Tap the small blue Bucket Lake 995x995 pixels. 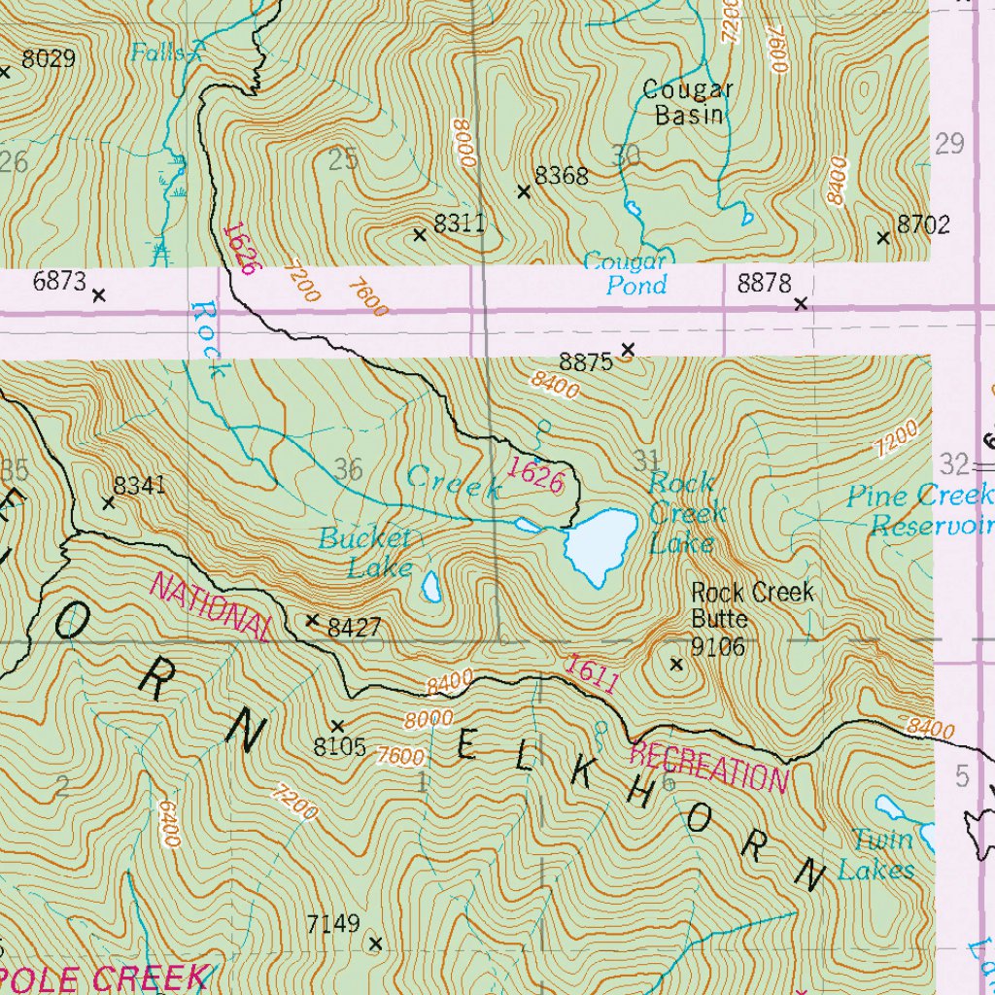431,586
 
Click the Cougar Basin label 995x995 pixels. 688,102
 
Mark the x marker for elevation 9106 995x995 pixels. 677,665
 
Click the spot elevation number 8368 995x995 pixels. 562,176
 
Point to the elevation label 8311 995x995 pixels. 459,223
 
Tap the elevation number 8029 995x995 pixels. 48,59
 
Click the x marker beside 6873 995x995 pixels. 98,294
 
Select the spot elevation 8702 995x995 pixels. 923,224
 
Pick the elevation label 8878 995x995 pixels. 765,284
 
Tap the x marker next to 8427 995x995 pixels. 313,620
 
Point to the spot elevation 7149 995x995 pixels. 333,923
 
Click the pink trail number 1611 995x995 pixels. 591,674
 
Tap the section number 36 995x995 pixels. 348,470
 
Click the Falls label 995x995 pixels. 158,52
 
